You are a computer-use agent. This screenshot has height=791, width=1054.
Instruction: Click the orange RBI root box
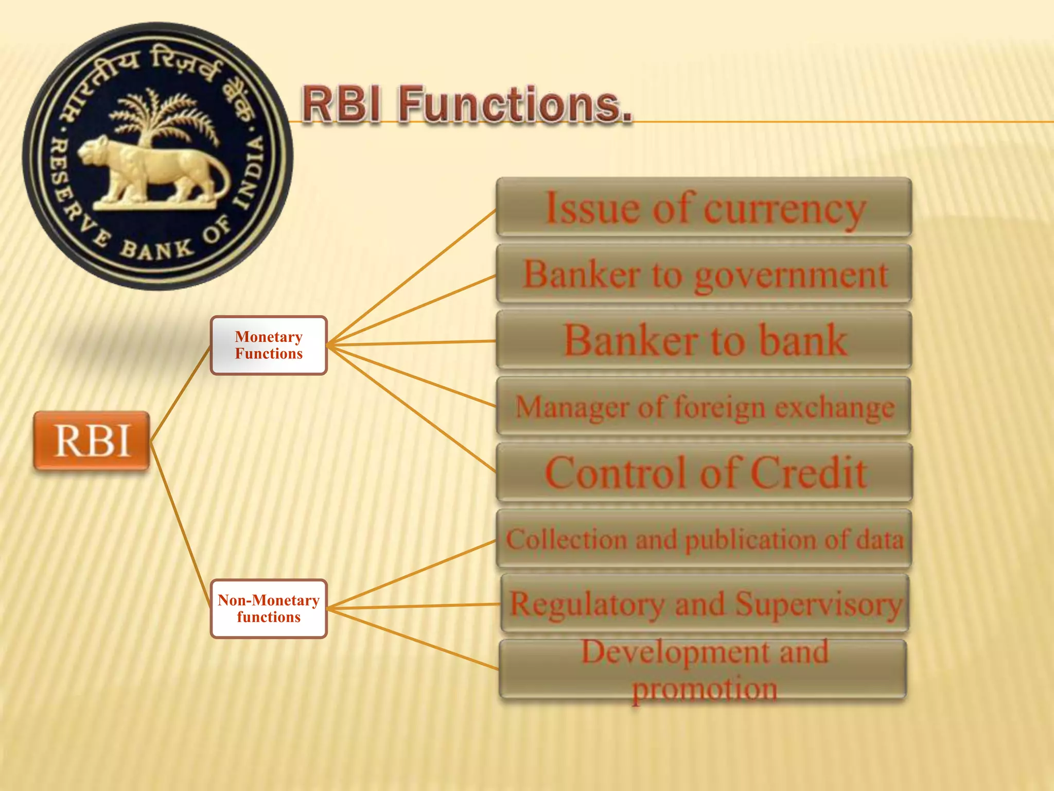coord(92,441)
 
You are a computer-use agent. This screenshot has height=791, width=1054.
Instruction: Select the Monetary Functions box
coord(269,345)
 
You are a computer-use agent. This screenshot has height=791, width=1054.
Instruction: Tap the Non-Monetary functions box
coord(269,609)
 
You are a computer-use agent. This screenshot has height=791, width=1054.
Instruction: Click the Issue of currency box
coord(704,207)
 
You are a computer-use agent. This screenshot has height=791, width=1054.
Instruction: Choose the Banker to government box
coord(704,274)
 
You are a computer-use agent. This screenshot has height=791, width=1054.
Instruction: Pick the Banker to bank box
coord(704,340)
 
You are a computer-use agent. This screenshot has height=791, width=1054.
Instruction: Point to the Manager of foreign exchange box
coord(704,407)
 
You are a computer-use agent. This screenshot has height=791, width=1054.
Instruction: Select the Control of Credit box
coord(704,473)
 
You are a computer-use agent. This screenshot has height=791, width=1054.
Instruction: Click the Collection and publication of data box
coord(704,539)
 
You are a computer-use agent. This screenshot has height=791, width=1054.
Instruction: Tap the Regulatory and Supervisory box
coord(705,604)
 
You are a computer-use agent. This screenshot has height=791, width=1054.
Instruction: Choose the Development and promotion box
coord(703,669)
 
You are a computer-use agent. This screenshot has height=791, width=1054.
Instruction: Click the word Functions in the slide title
coord(515,105)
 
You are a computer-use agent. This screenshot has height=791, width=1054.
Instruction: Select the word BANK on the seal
coord(157,250)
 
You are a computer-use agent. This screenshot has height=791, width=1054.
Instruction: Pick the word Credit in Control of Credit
coord(808,473)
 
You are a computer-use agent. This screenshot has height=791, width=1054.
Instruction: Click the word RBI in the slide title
coord(342,105)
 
